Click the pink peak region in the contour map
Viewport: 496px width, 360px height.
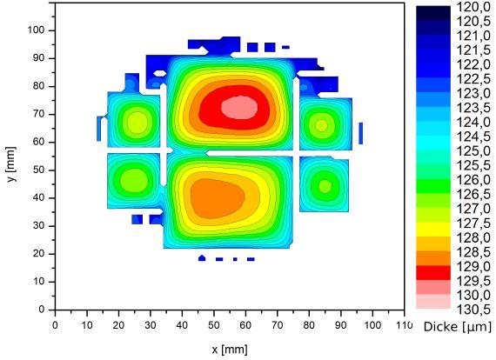[x=239, y=108]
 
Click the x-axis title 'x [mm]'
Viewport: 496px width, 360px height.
[x=230, y=350]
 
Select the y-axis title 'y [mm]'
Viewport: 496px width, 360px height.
[x=11, y=164]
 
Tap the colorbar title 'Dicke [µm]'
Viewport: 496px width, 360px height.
[x=457, y=327]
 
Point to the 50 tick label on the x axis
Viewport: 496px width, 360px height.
[x=214, y=325]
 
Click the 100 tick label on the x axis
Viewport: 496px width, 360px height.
[x=372, y=325]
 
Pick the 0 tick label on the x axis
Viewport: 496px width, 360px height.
[x=55, y=325]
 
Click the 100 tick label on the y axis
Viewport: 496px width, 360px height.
[x=37, y=30]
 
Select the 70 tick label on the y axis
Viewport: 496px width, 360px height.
[x=39, y=114]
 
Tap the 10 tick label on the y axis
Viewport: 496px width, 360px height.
[x=39, y=282]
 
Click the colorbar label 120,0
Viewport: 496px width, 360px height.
[x=473, y=7]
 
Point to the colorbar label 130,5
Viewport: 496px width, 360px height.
[x=473, y=310]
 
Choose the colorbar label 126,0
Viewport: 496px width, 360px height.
[x=473, y=180]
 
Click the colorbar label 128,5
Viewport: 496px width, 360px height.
[x=473, y=252]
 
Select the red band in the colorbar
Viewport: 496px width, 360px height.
[x=433, y=272]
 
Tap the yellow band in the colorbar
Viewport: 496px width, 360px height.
[x=433, y=230]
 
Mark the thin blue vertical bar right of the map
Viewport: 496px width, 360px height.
[x=360, y=133]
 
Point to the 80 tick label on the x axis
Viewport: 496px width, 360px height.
[x=309, y=325]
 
